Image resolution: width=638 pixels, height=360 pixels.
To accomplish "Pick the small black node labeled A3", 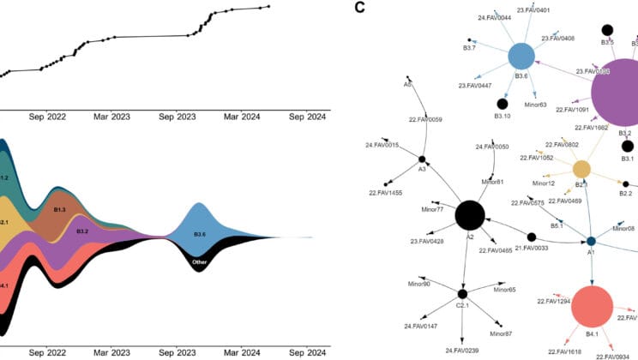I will pos(422,159).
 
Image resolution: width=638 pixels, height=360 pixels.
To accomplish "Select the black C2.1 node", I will pos(462,294).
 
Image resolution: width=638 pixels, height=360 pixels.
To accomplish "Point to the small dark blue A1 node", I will pos(591,242).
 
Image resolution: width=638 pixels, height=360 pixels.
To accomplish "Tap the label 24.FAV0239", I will pos(462,351).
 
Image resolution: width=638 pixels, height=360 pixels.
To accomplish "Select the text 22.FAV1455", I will pos(386,193).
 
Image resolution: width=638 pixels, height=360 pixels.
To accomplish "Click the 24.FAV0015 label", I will pos(382,146).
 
